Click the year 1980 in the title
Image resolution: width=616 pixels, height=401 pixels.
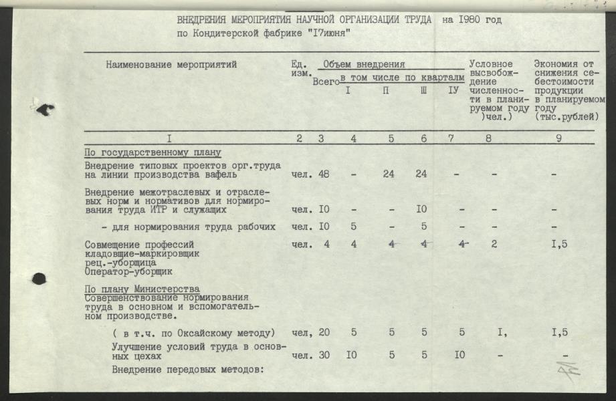[478, 19]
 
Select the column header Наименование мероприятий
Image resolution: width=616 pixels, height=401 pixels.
[171, 65]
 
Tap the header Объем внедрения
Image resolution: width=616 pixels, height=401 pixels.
[364, 65]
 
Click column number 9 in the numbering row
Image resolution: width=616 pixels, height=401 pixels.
[558, 139]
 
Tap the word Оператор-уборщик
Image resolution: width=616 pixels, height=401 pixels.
[128, 273]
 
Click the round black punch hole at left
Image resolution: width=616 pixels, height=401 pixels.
[38, 279]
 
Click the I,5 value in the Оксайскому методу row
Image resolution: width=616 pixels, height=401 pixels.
[560, 333]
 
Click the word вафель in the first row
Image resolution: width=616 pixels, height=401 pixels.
[221, 176]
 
